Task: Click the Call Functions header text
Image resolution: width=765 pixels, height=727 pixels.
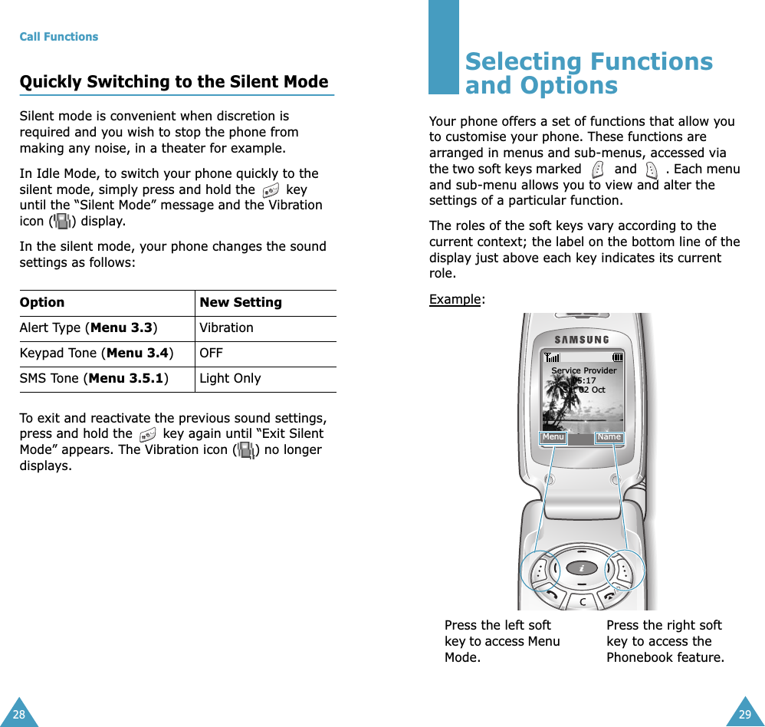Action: point(59,37)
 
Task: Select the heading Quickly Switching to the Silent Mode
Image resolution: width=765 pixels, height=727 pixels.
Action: point(173,82)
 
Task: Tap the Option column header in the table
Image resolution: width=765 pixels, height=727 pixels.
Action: point(42,302)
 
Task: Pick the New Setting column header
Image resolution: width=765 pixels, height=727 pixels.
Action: point(240,302)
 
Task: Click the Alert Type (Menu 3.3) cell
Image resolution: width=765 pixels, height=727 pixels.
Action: point(89,327)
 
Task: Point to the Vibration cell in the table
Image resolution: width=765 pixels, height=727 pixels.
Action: point(226,327)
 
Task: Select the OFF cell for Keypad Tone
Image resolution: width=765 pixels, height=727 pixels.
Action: point(211,353)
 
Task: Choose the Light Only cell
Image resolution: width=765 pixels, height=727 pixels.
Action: point(230,378)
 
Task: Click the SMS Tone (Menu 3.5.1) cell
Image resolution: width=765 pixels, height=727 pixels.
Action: point(94,378)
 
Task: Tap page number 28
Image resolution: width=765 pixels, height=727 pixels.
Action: point(18,715)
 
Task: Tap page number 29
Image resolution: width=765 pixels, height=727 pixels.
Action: point(745,715)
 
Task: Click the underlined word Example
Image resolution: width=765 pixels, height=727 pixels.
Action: point(455,299)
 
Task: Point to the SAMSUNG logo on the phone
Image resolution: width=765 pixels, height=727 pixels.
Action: point(583,340)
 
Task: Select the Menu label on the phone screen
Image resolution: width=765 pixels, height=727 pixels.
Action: point(553,437)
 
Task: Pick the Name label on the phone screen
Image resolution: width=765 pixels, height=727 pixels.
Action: point(609,437)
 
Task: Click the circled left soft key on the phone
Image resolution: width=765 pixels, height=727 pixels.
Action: point(541,571)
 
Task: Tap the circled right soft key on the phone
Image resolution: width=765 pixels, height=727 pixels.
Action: point(625,571)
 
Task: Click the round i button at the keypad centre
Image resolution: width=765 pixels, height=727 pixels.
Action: point(583,568)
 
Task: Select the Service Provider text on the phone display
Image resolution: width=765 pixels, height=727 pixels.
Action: point(584,370)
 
